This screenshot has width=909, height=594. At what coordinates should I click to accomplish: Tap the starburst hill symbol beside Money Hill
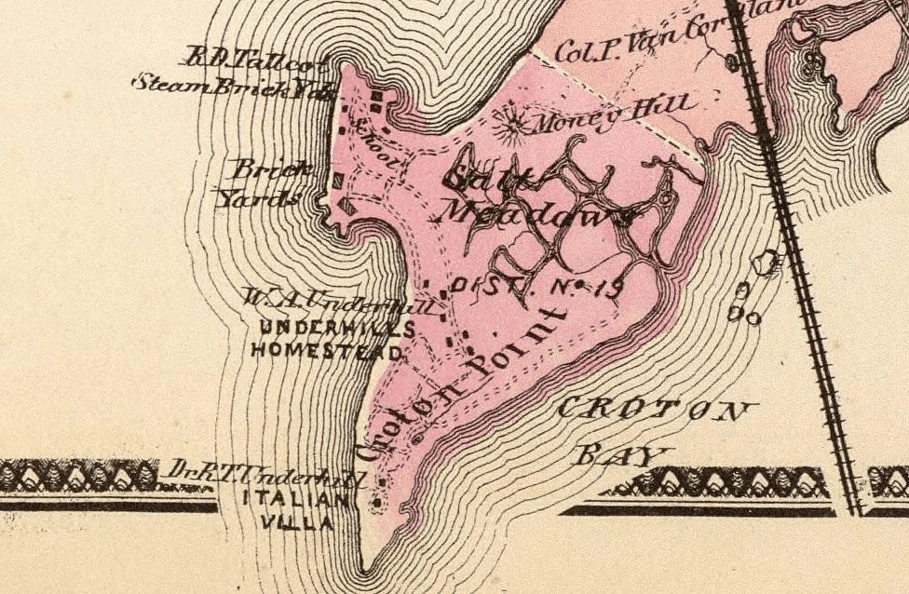click(x=510, y=120)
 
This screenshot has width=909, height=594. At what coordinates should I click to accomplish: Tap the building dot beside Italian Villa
click(x=376, y=505)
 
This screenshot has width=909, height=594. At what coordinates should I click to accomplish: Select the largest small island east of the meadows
click(x=766, y=263)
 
